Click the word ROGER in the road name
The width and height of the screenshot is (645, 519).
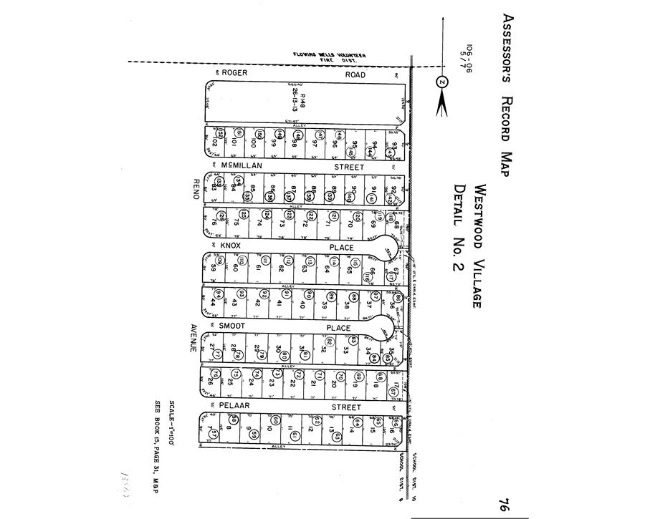coord(234,74)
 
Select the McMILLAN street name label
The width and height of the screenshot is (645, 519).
coord(242,166)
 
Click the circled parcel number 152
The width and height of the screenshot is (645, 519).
coord(221,134)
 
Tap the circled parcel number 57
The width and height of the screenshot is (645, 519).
coord(214,434)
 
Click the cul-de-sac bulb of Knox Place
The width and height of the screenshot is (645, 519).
coord(389,248)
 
